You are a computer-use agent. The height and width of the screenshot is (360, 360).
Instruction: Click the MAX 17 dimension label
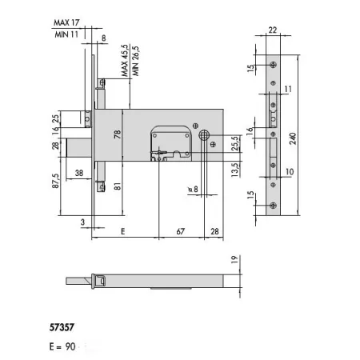(x=66, y=22)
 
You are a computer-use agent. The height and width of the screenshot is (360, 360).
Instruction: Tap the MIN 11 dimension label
(x=66, y=34)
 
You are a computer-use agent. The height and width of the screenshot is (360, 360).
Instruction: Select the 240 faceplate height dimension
(x=293, y=138)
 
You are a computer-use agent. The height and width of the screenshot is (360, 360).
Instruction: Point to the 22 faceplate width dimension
(x=273, y=30)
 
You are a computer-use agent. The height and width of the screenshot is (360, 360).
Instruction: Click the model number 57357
(x=62, y=327)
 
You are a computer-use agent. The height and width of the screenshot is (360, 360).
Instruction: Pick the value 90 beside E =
(x=70, y=346)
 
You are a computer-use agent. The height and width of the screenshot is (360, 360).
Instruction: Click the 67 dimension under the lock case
(x=181, y=231)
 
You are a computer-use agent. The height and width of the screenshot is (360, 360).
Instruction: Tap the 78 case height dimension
(x=118, y=134)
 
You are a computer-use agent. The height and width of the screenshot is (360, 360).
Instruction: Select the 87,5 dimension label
(x=55, y=181)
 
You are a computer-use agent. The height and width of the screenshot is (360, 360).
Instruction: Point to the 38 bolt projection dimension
(x=79, y=173)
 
